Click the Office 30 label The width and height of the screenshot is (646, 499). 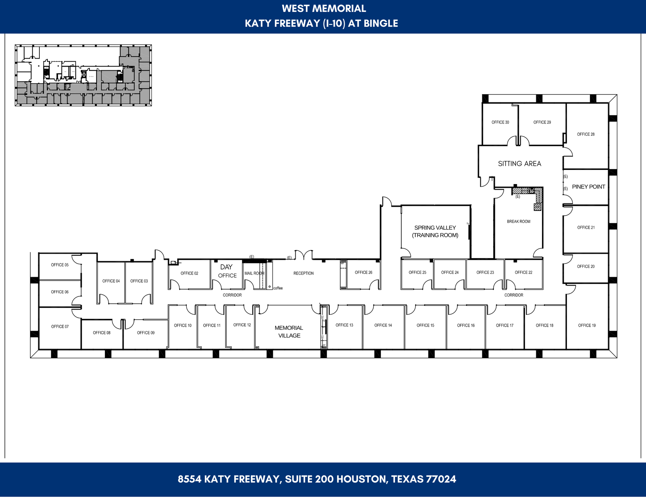click(500, 122)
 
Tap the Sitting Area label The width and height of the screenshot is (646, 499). click(519, 164)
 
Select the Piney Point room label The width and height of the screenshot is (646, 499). click(588, 187)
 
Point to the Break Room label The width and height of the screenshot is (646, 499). click(518, 222)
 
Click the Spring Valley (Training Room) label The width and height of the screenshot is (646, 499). click(435, 231)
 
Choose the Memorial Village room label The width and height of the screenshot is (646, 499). click(289, 332)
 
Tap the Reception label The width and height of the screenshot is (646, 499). click(303, 274)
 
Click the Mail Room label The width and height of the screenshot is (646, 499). click(254, 274)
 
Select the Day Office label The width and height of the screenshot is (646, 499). click(227, 271)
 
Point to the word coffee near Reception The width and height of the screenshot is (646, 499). click(278, 288)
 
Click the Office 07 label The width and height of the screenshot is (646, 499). click(60, 327)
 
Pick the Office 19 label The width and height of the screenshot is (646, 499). click(587, 326)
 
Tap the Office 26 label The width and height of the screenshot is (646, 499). click(363, 273)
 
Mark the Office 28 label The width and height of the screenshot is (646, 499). click(586, 135)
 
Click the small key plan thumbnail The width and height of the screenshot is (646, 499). click(83, 75)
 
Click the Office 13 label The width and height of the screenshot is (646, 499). click(344, 325)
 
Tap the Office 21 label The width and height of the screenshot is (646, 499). click(586, 228)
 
